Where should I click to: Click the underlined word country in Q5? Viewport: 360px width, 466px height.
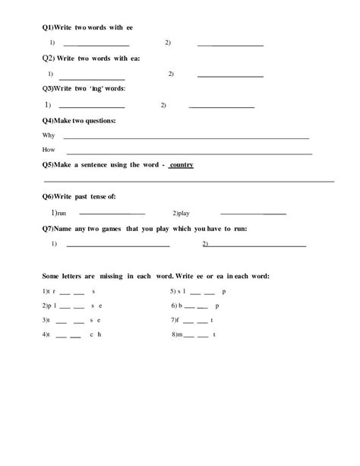coord(181,165)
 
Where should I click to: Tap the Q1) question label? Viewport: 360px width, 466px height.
coord(48,27)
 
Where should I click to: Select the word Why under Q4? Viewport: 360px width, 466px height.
coord(49,136)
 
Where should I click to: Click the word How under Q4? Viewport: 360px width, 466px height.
coord(49,150)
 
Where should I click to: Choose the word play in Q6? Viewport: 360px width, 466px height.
coord(182,214)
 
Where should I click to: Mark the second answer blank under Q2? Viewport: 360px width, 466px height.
coord(230,76)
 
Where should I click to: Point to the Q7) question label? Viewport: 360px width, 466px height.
coord(48,228)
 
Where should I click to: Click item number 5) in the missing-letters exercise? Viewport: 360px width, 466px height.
coord(174,291)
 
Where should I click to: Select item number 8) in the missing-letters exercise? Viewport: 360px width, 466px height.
coord(175,334)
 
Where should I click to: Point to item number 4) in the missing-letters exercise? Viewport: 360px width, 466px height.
coord(46,334)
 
